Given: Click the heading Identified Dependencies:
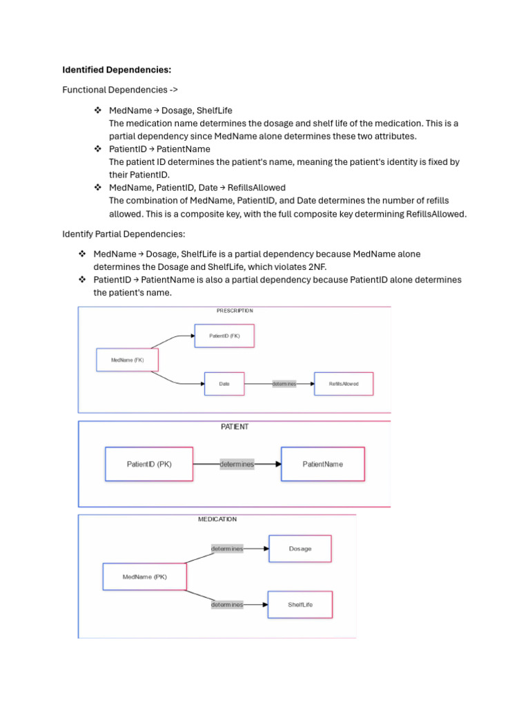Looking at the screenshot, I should point(117,70).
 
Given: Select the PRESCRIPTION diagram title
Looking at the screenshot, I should point(235,311).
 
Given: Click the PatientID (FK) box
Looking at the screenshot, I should point(224,336).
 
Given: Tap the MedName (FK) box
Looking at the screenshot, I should point(128,360).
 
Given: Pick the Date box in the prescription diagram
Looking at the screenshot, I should point(224,384).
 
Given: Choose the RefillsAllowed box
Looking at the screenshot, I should point(343,384).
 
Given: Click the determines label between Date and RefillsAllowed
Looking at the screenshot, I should point(284,384).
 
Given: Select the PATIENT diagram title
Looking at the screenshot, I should point(235,427).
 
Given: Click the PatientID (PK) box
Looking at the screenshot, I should point(149,464).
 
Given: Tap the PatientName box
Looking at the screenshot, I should point(322,464).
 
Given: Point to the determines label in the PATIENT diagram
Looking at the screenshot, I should point(237,464).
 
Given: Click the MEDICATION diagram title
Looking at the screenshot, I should point(217,519).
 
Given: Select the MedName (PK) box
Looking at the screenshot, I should point(144,577).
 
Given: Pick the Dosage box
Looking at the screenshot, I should point(300,549).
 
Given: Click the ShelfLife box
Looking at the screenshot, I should point(300,605).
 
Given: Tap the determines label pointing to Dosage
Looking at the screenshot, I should point(227,549).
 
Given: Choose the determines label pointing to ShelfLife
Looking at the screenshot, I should point(227,605).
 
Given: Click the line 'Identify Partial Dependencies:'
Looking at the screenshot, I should point(124,235).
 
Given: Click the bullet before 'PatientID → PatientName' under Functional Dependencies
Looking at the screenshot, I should point(97,149).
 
